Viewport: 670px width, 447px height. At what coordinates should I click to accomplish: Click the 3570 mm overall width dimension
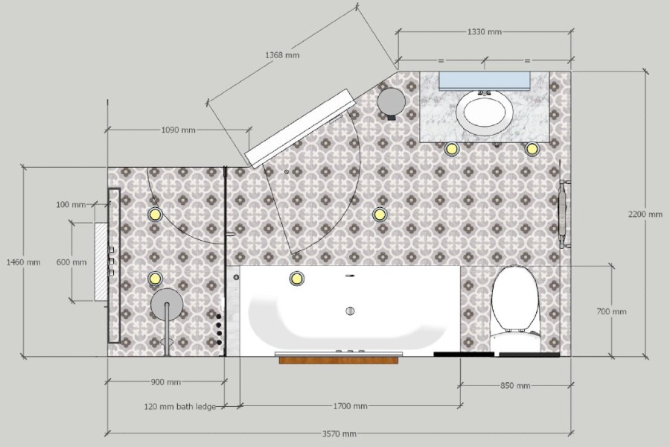pyautogui.click(x=339, y=434)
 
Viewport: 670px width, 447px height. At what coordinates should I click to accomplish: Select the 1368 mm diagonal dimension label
pyautogui.click(x=283, y=55)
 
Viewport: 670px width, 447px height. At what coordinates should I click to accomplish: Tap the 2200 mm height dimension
pyautogui.click(x=645, y=215)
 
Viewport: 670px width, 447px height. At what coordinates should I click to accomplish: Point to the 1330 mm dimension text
pyautogui.click(x=484, y=32)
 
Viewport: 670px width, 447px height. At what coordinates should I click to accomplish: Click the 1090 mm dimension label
pyautogui.click(x=178, y=130)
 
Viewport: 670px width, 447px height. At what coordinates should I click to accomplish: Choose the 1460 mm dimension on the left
pyautogui.click(x=22, y=262)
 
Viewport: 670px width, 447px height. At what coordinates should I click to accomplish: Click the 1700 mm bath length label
pyautogui.click(x=349, y=407)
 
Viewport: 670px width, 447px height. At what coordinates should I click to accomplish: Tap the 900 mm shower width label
pyautogui.click(x=165, y=383)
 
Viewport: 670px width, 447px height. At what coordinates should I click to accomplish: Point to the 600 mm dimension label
pyautogui.click(x=71, y=262)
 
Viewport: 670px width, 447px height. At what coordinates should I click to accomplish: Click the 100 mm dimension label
pyautogui.click(x=71, y=204)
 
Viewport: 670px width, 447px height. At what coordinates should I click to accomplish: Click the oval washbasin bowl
pyautogui.click(x=485, y=112)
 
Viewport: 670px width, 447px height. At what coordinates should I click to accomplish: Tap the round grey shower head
pyautogui.click(x=167, y=303)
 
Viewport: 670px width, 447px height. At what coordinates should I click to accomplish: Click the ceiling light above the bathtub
pyautogui.click(x=296, y=279)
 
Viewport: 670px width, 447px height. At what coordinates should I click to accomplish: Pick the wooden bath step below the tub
pyautogui.click(x=339, y=361)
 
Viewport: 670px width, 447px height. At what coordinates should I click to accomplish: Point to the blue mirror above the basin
pyautogui.click(x=484, y=80)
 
